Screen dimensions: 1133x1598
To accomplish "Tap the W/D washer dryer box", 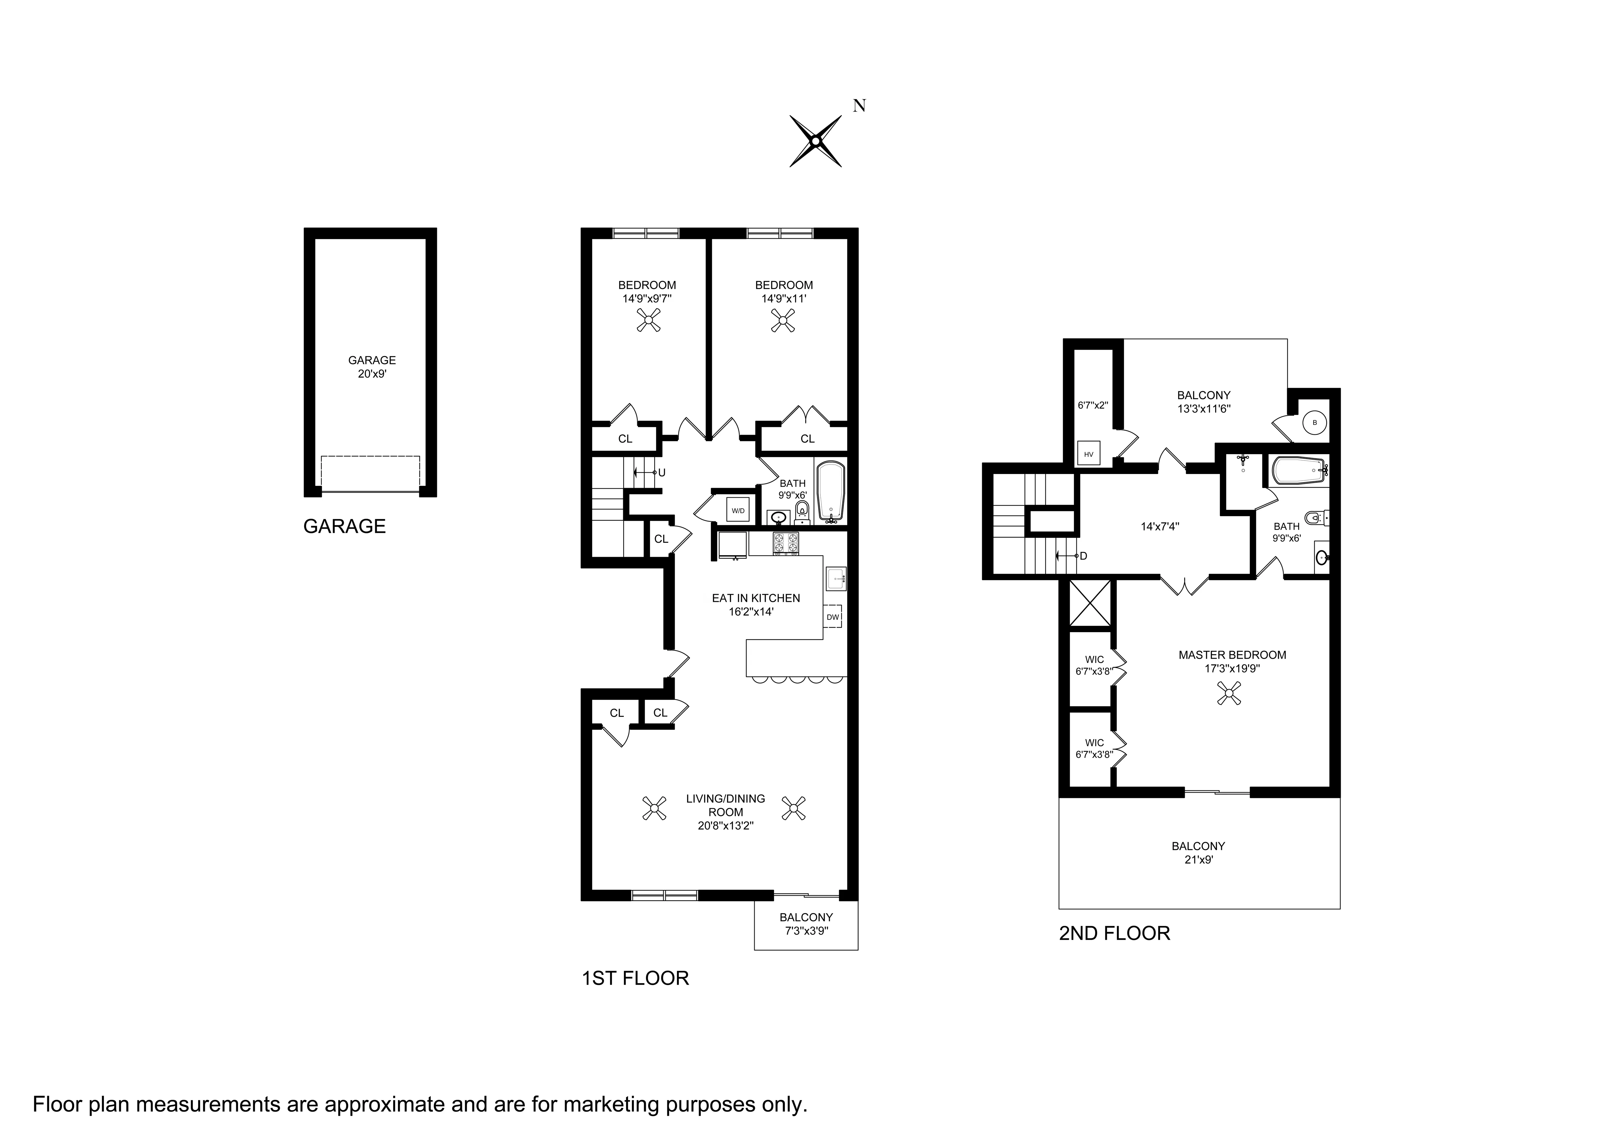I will coord(737,510).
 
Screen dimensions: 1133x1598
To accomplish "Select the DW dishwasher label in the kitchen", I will coord(833,617).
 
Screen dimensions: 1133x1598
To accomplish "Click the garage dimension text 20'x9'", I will coord(372,374).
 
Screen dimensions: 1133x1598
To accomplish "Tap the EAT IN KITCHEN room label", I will coord(756,598).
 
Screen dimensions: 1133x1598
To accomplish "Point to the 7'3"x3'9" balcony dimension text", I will coord(806,931).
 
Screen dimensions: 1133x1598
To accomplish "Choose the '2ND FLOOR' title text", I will coord(1114,934).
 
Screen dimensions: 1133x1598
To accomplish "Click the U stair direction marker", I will coord(661,472).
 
